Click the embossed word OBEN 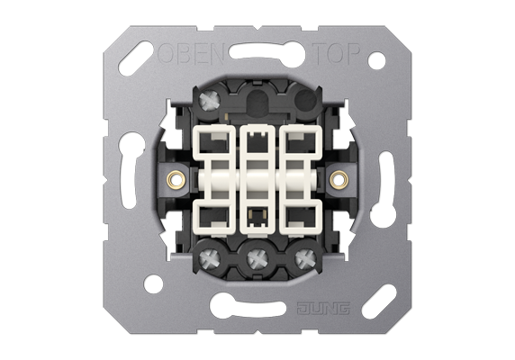[191, 53]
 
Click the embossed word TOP [335, 53]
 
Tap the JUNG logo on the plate [323, 309]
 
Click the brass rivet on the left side [176, 179]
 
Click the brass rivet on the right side [339, 179]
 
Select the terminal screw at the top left [209, 101]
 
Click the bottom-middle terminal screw [257, 258]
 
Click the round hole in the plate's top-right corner [376, 60]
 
